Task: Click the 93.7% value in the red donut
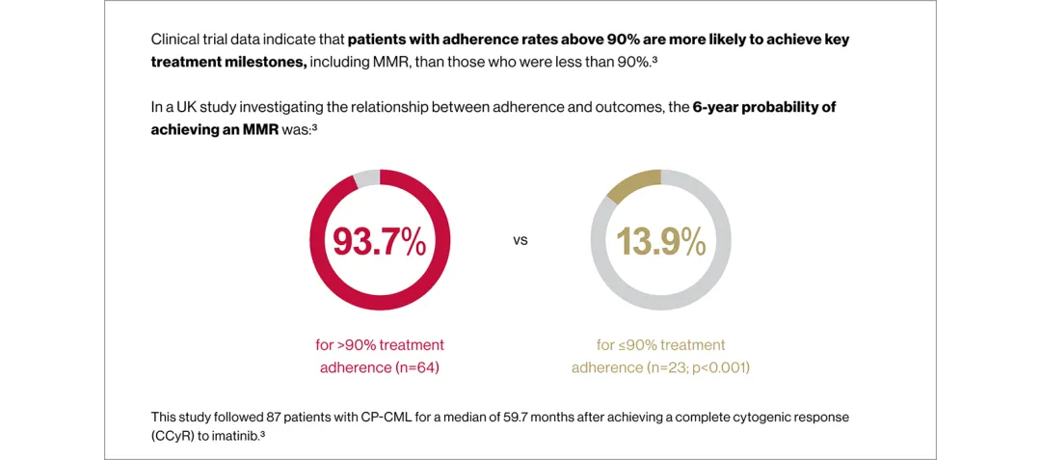[379, 240]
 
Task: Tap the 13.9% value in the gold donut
[661, 240]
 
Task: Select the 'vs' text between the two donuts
[520, 240]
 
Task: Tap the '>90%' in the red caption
[358, 345]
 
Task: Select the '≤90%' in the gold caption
[638, 345]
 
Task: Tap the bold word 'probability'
[789, 107]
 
